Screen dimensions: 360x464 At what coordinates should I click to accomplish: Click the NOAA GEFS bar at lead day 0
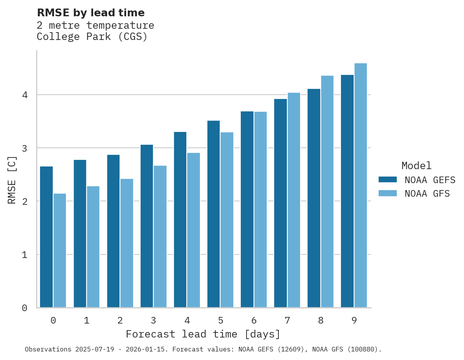tap(46, 237)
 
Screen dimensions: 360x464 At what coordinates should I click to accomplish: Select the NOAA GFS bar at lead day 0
tap(60, 250)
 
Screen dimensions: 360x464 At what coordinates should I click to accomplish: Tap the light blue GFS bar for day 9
tap(360, 185)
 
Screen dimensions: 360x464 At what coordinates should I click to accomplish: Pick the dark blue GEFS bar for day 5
tap(213, 214)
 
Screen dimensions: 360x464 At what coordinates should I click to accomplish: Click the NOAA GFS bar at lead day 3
tap(160, 237)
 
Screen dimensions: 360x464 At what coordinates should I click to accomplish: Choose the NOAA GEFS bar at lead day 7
tap(280, 203)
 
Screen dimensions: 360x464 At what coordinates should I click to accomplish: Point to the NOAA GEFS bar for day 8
tap(313, 198)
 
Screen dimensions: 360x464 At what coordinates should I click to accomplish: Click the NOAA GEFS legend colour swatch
tap(387, 180)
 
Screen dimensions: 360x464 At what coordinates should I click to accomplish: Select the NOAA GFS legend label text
tap(427, 194)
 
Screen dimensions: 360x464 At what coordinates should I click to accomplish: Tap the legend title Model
tap(416, 166)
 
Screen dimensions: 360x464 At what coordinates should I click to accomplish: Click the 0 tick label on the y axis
tap(24, 308)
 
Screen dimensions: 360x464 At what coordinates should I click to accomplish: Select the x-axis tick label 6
tap(254, 320)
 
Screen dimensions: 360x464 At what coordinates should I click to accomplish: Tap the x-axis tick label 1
tap(87, 320)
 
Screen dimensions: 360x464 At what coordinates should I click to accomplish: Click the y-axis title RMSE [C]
tap(12, 180)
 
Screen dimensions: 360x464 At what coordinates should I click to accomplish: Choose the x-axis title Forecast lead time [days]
tap(203, 334)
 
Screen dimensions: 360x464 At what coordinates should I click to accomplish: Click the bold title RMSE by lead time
tap(90, 13)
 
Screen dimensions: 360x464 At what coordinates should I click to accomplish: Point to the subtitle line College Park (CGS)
tap(92, 37)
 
